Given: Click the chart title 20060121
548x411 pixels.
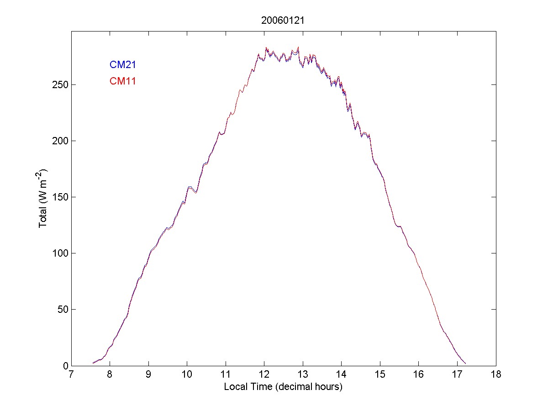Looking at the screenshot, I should click(x=283, y=20).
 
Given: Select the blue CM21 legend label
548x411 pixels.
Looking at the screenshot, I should click(x=122, y=65).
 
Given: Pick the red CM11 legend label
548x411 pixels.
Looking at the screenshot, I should click(x=122, y=81).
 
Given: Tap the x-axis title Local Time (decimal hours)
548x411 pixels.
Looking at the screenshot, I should click(x=283, y=387).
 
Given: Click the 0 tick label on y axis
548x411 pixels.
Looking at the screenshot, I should click(x=64, y=365).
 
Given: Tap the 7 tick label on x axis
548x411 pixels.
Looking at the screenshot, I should click(x=71, y=375).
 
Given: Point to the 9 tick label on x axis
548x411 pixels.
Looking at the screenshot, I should click(x=148, y=375).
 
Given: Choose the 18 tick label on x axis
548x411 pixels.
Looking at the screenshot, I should click(x=496, y=375).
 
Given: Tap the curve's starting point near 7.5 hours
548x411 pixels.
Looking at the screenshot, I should click(x=93, y=363).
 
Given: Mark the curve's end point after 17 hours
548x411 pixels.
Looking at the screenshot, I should click(x=465, y=364).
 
